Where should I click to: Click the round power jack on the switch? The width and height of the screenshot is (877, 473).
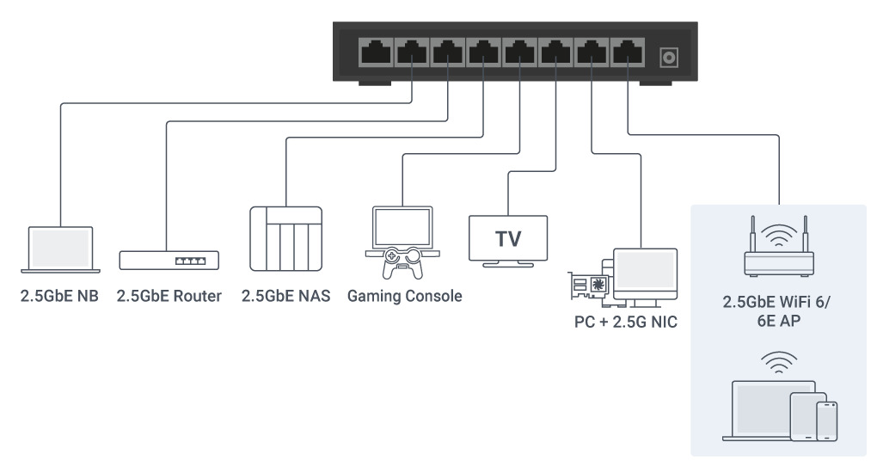(x=669, y=57)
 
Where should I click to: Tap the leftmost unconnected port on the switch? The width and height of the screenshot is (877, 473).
(x=377, y=52)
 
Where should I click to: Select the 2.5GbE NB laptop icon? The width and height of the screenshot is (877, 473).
(x=60, y=249)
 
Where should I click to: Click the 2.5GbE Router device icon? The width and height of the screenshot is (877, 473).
(x=169, y=261)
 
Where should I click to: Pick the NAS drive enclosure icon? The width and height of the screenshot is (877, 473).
(x=285, y=238)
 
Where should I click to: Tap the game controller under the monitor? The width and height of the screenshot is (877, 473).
(x=402, y=262)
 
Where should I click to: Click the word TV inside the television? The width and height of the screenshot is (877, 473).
(x=508, y=239)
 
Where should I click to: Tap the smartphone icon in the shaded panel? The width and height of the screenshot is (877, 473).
(x=826, y=421)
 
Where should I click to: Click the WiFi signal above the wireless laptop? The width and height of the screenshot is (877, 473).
(x=779, y=363)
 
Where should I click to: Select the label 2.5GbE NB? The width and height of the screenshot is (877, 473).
(x=59, y=296)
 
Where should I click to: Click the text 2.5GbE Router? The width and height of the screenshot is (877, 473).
(x=169, y=296)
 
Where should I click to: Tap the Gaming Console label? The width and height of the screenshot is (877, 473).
(x=404, y=296)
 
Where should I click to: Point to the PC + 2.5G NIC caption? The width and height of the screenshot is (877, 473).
(x=625, y=322)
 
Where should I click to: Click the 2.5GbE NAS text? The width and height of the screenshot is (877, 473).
(x=285, y=296)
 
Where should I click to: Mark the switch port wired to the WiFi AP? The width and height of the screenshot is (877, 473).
(x=628, y=52)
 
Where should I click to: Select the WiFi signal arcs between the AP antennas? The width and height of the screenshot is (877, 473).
(x=779, y=235)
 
